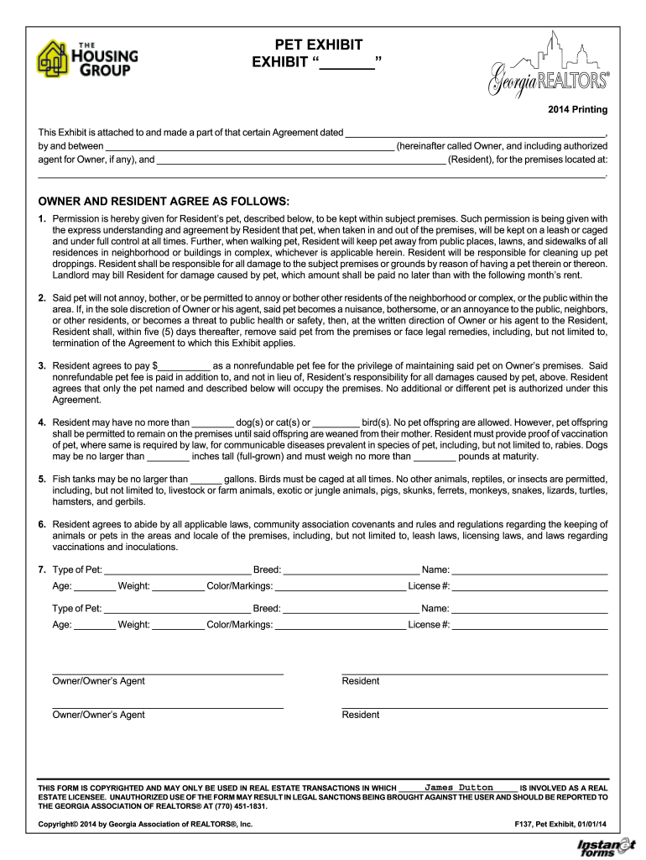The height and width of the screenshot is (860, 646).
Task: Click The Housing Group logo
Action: [87, 59]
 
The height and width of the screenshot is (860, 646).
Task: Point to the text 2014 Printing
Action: [578, 110]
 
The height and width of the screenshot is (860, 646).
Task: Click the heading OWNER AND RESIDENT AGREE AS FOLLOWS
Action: [164, 202]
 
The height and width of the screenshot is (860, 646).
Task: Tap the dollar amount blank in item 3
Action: [184, 366]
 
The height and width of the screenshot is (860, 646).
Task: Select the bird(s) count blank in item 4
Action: [338, 422]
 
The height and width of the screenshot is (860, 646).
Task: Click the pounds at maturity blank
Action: [435, 457]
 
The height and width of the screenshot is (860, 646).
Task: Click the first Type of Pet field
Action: [177, 569]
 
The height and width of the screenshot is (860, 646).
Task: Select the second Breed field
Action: [350, 608]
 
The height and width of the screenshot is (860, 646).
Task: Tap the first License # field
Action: [529, 586]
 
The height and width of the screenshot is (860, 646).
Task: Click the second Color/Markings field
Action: [340, 625]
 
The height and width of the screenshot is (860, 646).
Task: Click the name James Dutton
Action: [459, 787]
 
